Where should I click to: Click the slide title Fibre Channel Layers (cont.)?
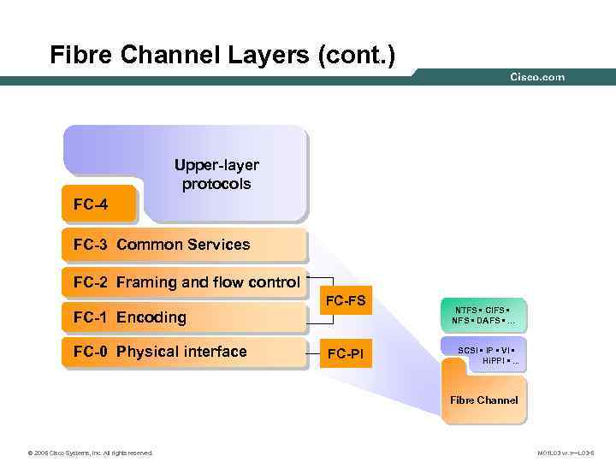222,56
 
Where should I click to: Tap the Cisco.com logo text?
537,77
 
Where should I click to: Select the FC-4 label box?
98,204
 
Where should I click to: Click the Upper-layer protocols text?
216,174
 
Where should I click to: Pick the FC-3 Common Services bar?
183,245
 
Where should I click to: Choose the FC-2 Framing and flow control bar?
183,282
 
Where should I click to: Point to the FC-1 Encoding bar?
183,317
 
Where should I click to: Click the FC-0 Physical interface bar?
183,352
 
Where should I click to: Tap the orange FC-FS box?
346,300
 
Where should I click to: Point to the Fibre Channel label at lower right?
483,400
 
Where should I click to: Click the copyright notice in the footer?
90,452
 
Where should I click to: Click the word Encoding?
151,317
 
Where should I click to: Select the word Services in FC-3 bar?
220,245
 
